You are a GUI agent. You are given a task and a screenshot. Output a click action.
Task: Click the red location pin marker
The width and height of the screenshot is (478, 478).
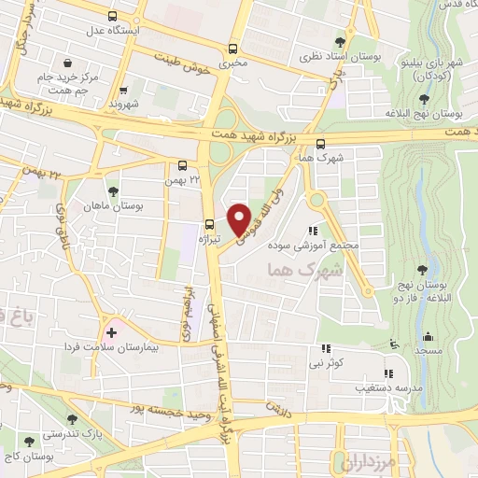239,218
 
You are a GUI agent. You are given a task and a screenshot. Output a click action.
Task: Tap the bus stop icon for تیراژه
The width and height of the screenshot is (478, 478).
209,224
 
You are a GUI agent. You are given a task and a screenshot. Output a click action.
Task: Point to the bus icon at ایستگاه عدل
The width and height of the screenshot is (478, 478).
112,16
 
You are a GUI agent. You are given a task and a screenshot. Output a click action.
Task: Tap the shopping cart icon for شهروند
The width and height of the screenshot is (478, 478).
123,91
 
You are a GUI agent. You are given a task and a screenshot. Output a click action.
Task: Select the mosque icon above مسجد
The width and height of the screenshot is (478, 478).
428,336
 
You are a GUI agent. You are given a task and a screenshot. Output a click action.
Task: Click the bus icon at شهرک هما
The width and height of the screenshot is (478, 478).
321,144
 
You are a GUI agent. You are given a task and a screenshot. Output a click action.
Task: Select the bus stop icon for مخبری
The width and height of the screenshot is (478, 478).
232,49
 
